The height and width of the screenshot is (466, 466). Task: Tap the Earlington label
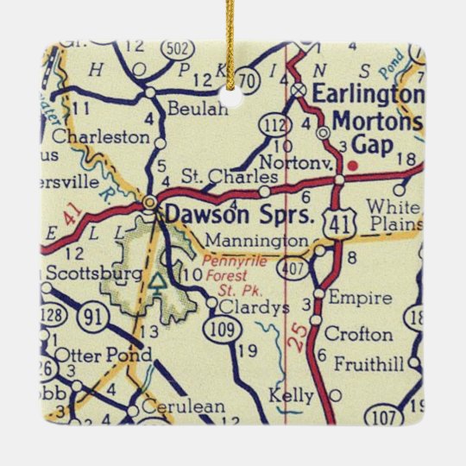coord(368,92)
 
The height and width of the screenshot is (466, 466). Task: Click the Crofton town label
coord(361,334)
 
